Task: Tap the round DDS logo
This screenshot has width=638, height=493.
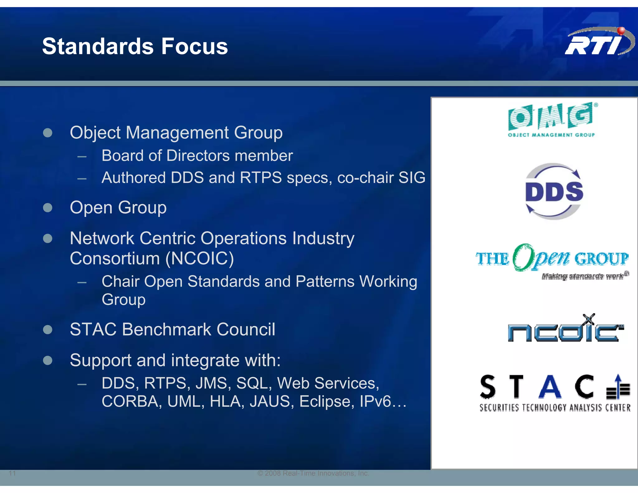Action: pyautogui.click(x=554, y=191)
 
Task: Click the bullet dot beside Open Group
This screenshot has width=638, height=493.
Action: pyautogui.click(x=48, y=208)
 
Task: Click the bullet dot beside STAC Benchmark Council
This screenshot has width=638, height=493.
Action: pyautogui.click(x=48, y=329)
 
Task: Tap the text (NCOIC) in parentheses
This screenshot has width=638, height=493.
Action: pyautogui.click(x=200, y=259)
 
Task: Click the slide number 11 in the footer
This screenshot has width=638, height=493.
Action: pyautogui.click(x=12, y=473)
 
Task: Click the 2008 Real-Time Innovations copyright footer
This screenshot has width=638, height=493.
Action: pyautogui.click(x=313, y=473)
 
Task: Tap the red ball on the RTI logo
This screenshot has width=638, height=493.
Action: pyautogui.click(x=621, y=31)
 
